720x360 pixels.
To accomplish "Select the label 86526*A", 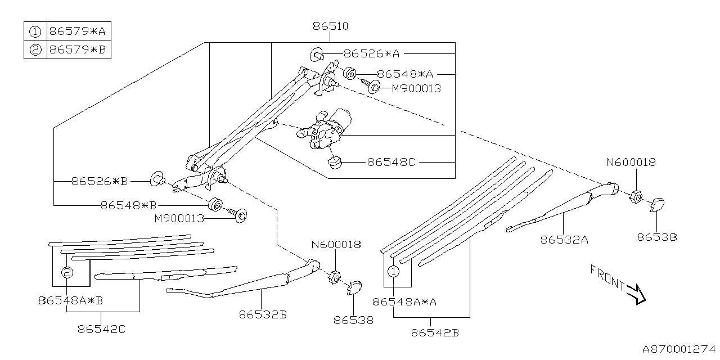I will click(x=371, y=53).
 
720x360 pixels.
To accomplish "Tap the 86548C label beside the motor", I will click(x=391, y=162).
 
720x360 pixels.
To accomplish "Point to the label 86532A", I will click(x=564, y=240).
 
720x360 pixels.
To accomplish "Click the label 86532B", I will click(x=263, y=315).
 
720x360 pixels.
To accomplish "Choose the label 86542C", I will click(x=102, y=328).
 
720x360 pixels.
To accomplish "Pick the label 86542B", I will click(x=435, y=332).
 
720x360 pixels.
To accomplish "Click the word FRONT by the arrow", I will click(x=607, y=278).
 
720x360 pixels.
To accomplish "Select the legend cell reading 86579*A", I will click(x=77, y=31).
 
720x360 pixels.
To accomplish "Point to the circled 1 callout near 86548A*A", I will click(x=393, y=272).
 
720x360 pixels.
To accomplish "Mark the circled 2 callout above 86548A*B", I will click(x=67, y=273).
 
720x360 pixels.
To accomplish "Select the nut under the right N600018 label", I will click(x=637, y=195).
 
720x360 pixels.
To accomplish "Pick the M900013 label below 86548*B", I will click(x=180, y=219).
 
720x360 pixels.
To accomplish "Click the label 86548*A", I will click(x=405, y=74).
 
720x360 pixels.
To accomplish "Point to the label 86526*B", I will click(x=100, y=181).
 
